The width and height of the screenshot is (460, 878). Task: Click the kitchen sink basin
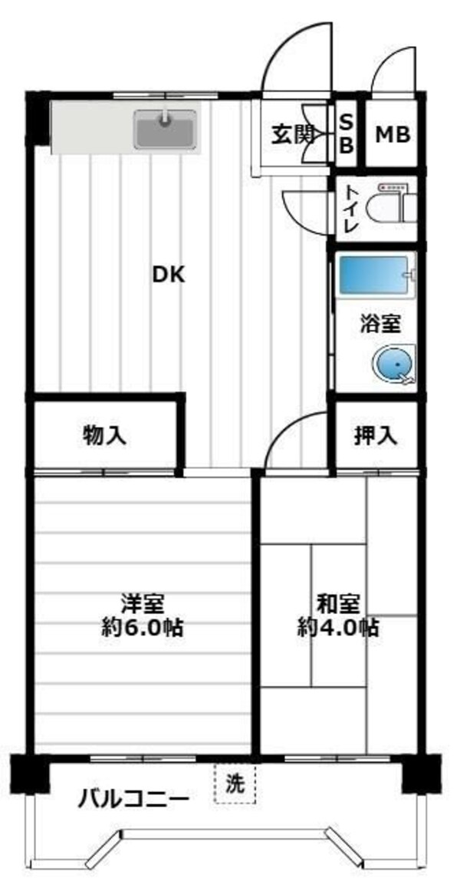(166, 129)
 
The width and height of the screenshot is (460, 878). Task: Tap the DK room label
(168, 275)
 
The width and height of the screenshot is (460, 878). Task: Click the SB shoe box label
(347, 134)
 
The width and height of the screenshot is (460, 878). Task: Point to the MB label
(393, 135)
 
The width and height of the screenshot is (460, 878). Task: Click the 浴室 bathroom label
(380, 324)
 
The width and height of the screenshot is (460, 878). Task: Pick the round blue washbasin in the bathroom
(395, 365)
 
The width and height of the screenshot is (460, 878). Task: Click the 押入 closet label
(376, 436)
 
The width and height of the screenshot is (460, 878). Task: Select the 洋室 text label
(143, 603)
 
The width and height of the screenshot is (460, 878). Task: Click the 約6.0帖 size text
(143, 628)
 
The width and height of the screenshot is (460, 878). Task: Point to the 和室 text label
(337, 603)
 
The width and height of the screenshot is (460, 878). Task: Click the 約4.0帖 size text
(337, 628)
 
